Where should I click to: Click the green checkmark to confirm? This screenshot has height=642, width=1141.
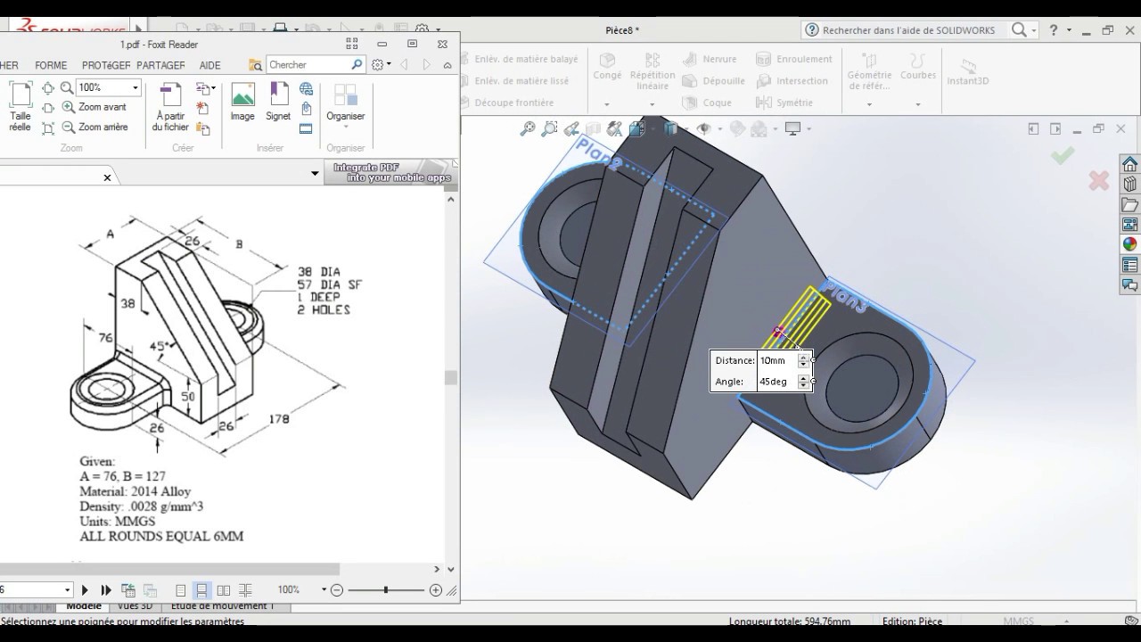pos(1062,156)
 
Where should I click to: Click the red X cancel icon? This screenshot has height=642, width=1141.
pos(1098,181)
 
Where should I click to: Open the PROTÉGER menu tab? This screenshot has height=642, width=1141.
pos(106,65)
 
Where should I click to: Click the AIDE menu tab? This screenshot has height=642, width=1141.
pos(209,65)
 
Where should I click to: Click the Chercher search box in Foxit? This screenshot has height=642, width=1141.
pos(308,64)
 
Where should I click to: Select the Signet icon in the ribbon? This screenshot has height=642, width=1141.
pos(278,101)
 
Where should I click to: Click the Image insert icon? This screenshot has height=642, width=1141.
pos(242,101)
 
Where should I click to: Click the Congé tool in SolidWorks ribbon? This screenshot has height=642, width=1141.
pos(607,66)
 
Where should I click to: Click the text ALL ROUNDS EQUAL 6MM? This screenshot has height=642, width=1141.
pos(161,536)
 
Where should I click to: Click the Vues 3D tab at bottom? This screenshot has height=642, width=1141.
pos(134,605)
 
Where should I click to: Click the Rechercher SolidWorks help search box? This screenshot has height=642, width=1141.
pos(907,30)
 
